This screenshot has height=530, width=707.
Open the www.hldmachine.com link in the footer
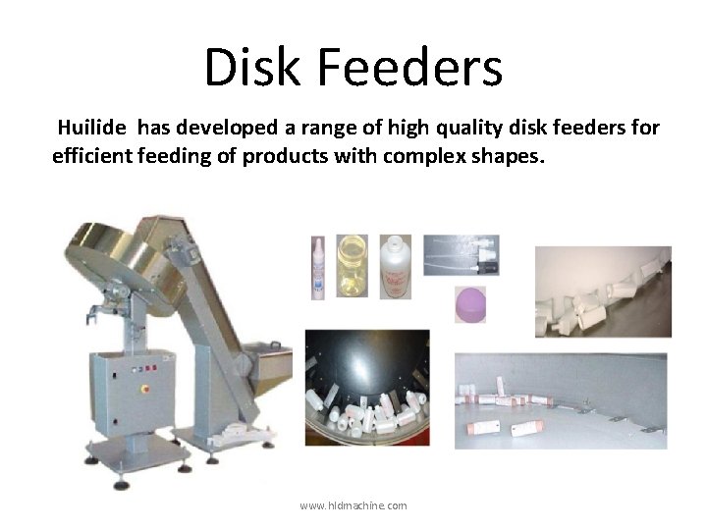pyautogui.click(x=353, y=505)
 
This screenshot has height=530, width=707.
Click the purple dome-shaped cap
pyautogui.click(x=471, y=304)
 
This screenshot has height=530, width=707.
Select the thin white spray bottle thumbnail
pyautogui.click(x=318, y=266)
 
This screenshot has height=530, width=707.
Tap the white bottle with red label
pyautogui.click(x=395, y=266)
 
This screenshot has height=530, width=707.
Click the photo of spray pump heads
pyautogui.click(x=461, y=255)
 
